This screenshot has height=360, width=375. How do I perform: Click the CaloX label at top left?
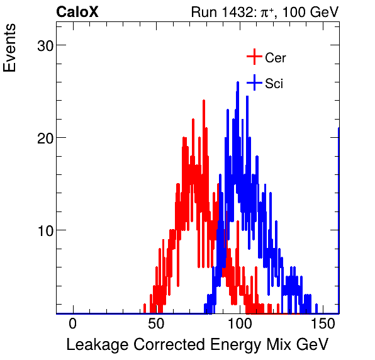[x=77, y=12]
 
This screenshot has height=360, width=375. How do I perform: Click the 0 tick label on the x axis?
[x=72, y=324]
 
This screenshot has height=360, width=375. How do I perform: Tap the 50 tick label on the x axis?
[x=156, y=324]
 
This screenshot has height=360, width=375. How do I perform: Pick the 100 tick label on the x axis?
[x=240, y=324]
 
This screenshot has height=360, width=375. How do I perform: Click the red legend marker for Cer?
[x=254, y=57]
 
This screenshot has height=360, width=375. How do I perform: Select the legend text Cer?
[x=276, y=58]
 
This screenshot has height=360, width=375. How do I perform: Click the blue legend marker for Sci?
[x=254, y=83]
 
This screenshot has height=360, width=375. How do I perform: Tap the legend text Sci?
[x=274, y=84]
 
